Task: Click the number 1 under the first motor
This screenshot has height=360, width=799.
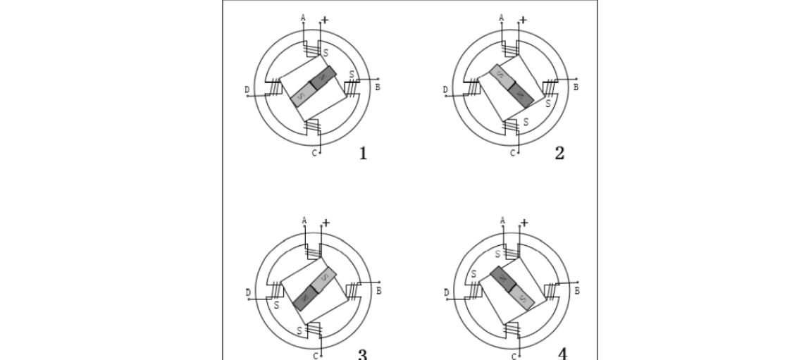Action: pos(363,153)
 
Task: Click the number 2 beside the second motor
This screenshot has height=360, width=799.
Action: pos(559,153)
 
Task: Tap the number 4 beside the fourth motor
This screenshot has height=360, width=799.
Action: pos(562,354)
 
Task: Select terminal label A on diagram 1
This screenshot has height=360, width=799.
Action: pos(303,18)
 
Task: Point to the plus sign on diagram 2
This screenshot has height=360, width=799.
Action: pos(523,20)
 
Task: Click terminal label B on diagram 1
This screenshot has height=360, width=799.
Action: pos(378,87)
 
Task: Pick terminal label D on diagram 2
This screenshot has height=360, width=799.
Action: pos(445,90)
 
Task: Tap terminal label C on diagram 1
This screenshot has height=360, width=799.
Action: pos(314,153)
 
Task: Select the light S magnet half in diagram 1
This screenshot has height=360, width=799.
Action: pos(303,94)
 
